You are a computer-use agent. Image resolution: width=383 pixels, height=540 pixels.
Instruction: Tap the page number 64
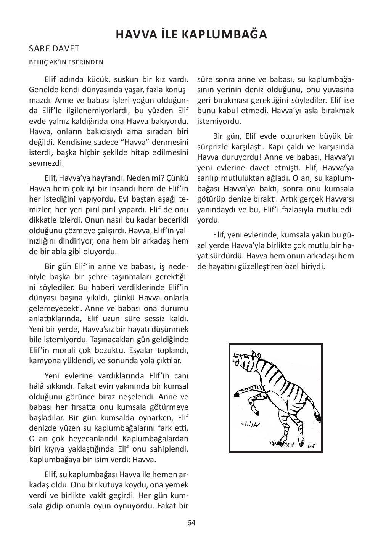click(x=191, y=522)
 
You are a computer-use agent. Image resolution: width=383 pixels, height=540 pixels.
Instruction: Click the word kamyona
click(x=43, y=360)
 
